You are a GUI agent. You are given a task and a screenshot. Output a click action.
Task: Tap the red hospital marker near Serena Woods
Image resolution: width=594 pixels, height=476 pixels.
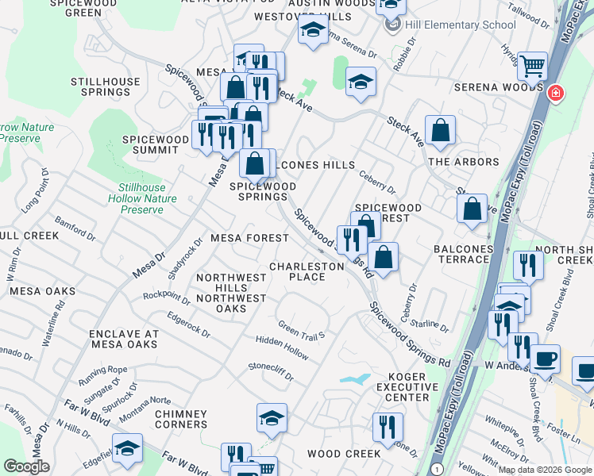coord(556,94)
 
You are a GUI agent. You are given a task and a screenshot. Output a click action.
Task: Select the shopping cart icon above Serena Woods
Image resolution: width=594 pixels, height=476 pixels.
coord(532,66)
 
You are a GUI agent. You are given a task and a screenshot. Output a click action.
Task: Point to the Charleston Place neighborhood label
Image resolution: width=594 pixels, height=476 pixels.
coord(307,271)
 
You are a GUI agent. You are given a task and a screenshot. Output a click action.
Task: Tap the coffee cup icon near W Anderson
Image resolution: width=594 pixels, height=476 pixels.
coord(545,359)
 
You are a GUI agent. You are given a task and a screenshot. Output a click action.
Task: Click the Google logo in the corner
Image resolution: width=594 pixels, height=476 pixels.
coord(26,466)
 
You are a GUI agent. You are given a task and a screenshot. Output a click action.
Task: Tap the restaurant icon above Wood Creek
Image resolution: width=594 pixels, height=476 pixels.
coord(388,427)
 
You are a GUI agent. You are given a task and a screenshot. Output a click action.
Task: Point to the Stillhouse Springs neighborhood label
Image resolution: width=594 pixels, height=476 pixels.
coord(106,86)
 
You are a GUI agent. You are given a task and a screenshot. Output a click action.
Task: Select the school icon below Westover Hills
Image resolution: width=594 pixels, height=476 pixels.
coord(313,31)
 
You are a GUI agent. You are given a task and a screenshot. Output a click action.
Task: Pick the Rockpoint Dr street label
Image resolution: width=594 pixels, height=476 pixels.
coord(166,297)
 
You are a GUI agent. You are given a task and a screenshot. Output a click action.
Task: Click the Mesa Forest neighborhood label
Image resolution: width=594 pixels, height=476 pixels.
coord(249,238)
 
